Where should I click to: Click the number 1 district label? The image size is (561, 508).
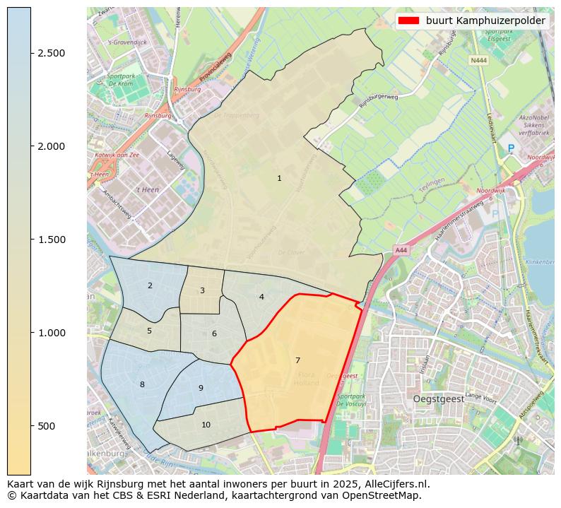[x=279, y=178]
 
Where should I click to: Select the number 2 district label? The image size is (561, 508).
[x=150, y=285]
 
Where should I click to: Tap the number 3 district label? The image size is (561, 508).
[x=202, y=290]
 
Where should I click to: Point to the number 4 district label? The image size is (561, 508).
[x=261, y=297]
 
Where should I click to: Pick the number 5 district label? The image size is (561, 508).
[x=149, y=331]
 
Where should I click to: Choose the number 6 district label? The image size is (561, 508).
[x=214, y=333]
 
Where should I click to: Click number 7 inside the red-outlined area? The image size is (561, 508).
[x=297, y=360]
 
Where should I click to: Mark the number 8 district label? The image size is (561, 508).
[x=142, y=384]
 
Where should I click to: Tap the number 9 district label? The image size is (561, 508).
[x=201, y=388]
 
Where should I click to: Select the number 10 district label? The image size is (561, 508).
[x=206, y=425]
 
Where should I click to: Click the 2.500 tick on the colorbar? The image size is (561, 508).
[x=51, y=54]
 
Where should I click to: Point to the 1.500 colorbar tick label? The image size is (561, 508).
[x=51, y=240]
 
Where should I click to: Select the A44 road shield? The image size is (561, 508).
[x=401, y=250]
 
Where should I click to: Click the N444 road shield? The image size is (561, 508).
[x=478, y=61]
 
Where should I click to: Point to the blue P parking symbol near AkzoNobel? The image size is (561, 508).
[x=511, y=148]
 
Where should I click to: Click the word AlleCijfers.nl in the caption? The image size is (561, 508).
[x=393, y=484]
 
